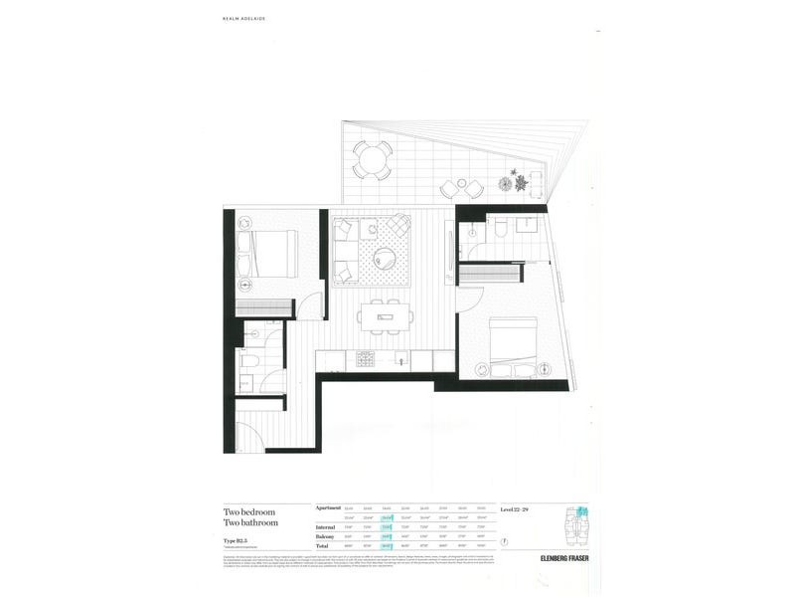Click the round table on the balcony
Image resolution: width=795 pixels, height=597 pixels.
371,158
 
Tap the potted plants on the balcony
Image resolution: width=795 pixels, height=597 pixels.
517,183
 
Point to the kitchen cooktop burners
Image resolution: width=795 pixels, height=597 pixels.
364,358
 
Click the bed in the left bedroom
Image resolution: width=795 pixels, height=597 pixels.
268,255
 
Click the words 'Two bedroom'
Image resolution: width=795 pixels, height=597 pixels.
249,511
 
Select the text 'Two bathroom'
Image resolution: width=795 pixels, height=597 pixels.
250,522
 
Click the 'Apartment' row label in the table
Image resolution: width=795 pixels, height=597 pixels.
329,507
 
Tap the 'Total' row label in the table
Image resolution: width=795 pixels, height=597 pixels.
324,546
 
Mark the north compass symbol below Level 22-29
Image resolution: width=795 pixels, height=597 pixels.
506,541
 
